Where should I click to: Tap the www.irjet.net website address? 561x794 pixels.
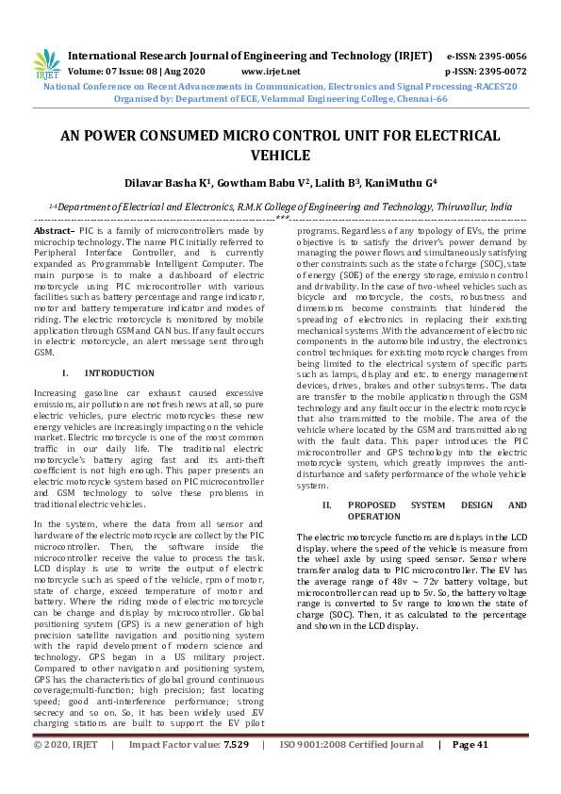pyautogui.click(x=271, y=71)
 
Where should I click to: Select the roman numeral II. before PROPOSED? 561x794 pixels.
pyautogui.click(x=326, y=505)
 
